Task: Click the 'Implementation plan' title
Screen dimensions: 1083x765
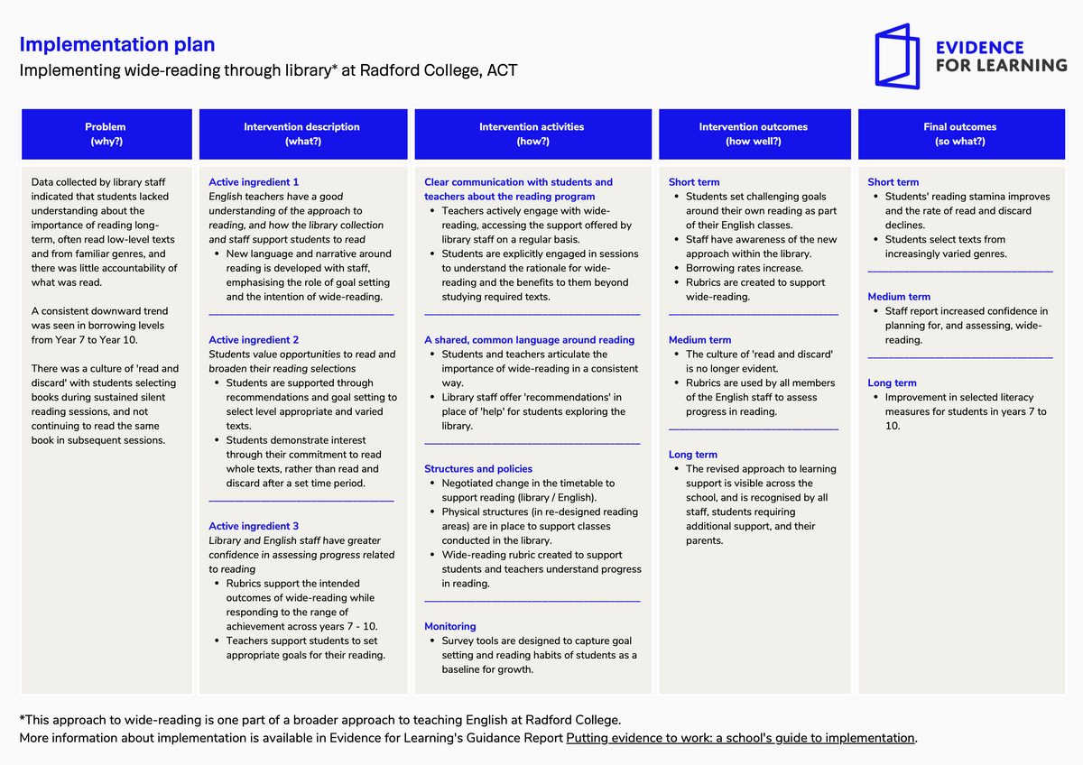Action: click(117, 44)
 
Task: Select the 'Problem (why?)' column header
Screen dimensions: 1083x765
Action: click(106, 134)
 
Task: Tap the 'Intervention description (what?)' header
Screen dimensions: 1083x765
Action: click(303, 134)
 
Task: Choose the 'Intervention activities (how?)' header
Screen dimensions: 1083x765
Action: click(532, 134)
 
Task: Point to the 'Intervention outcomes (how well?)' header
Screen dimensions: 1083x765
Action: click(754, 134)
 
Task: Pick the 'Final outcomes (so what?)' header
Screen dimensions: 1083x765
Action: click(961, 134)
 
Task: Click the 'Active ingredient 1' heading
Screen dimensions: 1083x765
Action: click(254, 182)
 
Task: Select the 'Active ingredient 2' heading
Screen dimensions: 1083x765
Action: click(254, 340)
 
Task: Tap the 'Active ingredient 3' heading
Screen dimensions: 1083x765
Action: click(254, 526)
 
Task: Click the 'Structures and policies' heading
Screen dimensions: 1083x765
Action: click(478, 469)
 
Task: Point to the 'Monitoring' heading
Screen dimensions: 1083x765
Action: click(450, 626)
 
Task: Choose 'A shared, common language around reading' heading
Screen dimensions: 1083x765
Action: click(530, 340)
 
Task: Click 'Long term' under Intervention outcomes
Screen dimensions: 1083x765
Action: click(693, 455)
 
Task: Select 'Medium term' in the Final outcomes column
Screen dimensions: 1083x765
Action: click(899, 297)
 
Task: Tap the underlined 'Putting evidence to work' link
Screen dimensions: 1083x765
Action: click(740, 738)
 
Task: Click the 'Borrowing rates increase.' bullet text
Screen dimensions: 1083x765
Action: click(744, 268)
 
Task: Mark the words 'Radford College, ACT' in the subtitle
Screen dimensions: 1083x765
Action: click(439, 70)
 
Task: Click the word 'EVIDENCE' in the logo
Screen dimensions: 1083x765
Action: click(979, 47)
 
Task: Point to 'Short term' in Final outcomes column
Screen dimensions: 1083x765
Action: click(893, 182)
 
